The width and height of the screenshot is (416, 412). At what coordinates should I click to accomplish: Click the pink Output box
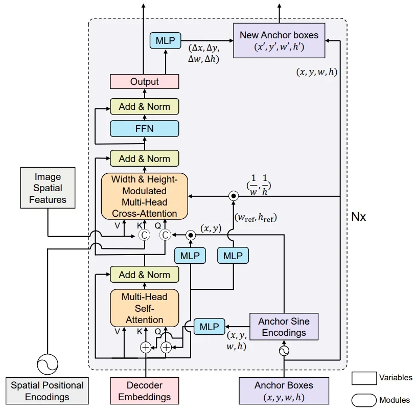click(145, 81)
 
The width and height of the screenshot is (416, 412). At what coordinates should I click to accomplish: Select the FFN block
click(145, 128)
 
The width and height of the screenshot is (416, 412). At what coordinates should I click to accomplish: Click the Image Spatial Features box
click(48, 188)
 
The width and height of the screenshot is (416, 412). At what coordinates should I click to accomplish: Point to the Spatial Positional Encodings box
click(47, 391)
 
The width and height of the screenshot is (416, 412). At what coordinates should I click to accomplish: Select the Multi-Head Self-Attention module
click(145, 308)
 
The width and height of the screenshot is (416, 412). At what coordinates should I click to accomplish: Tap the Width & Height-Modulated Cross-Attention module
click(145, 196)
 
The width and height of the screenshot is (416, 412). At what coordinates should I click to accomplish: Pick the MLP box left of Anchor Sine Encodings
click(209, 327)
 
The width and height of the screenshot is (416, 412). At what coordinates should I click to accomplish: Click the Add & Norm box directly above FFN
click(145, 107)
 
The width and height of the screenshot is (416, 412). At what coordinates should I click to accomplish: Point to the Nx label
click(359, 217)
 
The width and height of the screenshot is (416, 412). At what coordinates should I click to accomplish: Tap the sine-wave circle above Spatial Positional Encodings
click(47, 364)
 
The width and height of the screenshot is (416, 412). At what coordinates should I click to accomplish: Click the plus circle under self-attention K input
click(146, 348)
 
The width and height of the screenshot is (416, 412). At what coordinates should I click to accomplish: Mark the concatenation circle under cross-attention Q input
click(165, 235)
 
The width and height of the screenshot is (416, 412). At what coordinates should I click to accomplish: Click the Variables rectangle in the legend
click(364, 378)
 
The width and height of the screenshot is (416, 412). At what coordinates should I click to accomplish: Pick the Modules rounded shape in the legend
click(364, 400)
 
